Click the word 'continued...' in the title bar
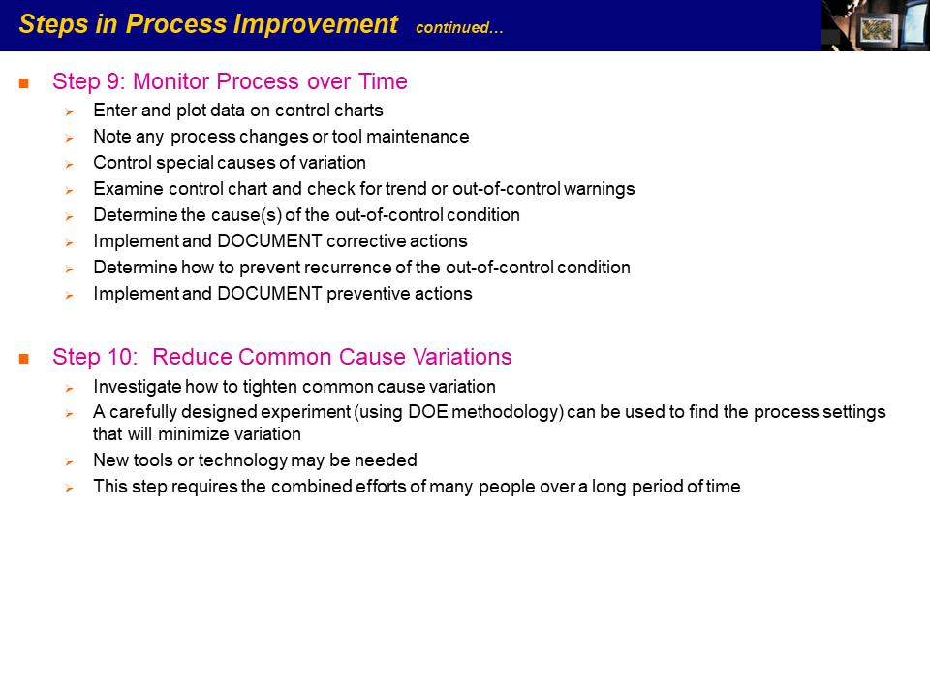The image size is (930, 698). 459,27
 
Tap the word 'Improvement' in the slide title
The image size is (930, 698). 315,24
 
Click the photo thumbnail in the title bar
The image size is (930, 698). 876,25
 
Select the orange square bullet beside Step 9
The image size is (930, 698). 23,83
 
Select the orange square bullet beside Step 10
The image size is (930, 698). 23,358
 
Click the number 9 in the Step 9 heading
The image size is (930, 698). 114,81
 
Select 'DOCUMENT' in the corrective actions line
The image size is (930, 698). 269,241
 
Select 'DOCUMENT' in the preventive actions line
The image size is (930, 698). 269,293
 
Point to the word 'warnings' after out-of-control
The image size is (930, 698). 599,189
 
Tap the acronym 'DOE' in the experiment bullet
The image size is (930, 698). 428,412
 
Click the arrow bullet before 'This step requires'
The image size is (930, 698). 70,489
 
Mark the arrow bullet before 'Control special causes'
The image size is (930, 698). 70,165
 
